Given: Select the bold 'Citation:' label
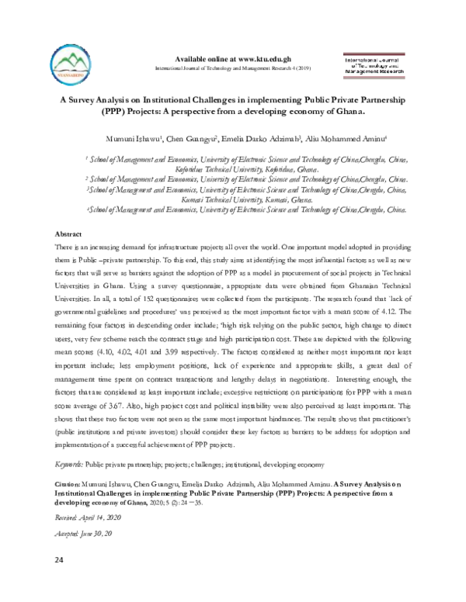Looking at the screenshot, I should point(68,483).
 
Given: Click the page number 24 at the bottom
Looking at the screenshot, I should point(58,560).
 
